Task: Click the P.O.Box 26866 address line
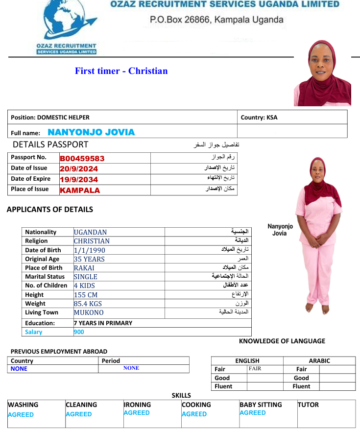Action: pos(216,20)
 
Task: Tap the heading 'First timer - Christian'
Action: pos(121,71)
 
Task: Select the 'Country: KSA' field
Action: pos(259,118)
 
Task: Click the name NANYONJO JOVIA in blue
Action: pos(91,132)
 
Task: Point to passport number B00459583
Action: pos(82,158)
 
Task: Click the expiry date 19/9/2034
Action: pos(79,180)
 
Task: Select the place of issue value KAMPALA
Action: pos(80,190)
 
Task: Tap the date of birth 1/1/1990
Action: pos(90,250)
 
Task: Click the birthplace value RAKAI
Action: pos(84,268)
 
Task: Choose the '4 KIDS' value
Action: pos(84,286)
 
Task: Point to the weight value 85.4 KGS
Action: pos(88,304)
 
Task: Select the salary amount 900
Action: pos(79,332)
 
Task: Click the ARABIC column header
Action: pos(319,361)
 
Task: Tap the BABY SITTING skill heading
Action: pos(261,405)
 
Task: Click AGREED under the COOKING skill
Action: pos(194,414)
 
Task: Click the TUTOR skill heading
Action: pos(308,405)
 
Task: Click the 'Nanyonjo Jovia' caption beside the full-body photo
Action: pos(280,230)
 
